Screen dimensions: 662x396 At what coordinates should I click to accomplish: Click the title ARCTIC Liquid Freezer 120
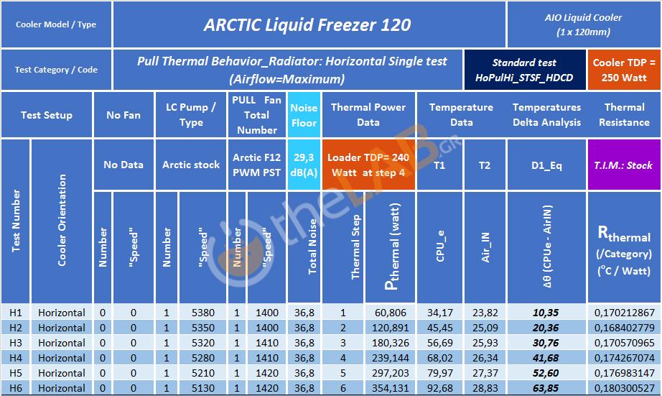307,24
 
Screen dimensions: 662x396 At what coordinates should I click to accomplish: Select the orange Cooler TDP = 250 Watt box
623,70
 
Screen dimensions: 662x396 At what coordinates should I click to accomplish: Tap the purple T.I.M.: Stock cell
623,165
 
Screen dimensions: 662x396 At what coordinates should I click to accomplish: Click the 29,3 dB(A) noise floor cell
304,165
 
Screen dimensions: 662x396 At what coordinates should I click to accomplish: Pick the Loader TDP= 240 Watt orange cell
368,165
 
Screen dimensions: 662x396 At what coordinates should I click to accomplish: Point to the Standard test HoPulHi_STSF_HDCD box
524,70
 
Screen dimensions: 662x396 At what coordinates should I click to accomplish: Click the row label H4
16,358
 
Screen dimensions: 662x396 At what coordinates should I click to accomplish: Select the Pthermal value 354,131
390,388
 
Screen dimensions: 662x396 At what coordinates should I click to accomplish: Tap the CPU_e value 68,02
440,358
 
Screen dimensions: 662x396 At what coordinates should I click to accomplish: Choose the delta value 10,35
546,313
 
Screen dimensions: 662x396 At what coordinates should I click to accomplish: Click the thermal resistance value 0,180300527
624,388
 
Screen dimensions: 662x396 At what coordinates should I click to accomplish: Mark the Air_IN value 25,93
485,343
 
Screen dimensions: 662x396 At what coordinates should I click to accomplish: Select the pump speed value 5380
203,313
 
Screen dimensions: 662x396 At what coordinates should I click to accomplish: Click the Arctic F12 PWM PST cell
257,165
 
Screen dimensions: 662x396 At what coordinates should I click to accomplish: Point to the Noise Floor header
304,115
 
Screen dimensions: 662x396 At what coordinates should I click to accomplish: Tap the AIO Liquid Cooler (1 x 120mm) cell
584,24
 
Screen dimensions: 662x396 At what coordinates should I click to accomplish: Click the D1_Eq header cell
546,165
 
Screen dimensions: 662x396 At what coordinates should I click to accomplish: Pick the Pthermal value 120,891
390,328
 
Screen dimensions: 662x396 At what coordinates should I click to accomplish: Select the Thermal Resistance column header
624,115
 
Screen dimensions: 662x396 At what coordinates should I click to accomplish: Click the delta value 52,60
546,373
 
